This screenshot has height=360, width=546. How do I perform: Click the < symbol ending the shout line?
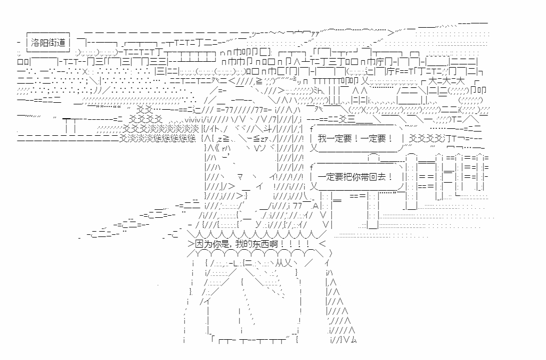[321, 244]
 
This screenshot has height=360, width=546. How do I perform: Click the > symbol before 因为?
[191, 244]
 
